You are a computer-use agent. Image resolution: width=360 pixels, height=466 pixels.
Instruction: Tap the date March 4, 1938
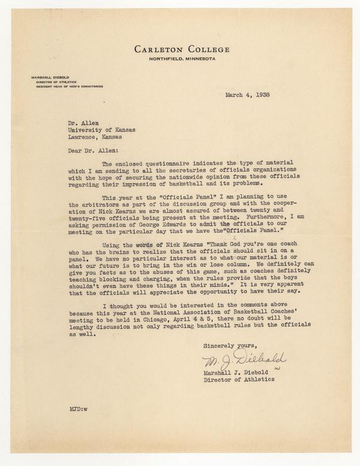(x=247, y=95)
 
